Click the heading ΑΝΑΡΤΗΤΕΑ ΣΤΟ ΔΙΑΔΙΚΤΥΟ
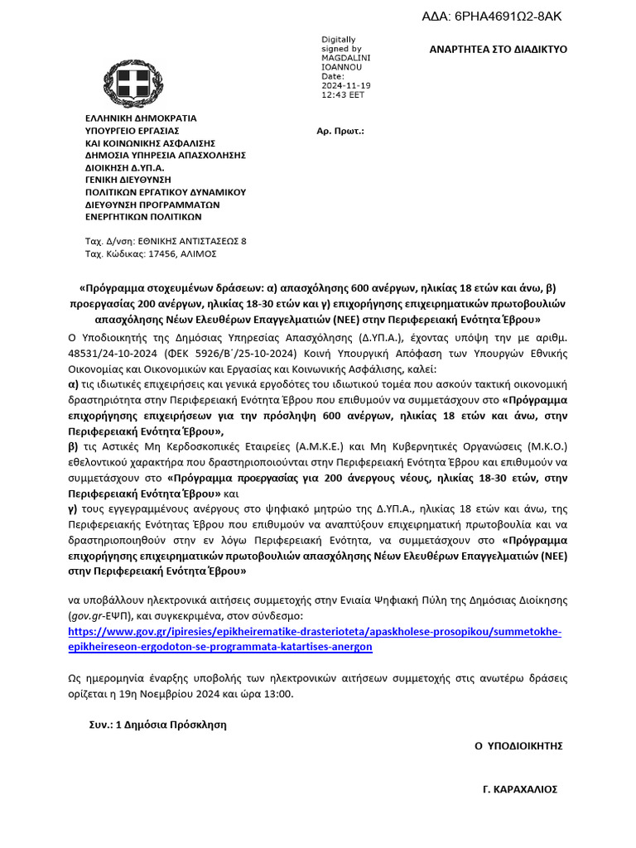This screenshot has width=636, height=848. (x=498, y=50)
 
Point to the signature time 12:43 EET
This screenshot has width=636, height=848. (x=343, y=95)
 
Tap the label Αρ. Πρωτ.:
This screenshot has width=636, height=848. (x=340, y=131)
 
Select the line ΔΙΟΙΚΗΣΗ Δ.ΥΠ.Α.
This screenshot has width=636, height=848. (x=124, y=166)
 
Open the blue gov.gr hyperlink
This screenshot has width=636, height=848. (x=315, y=639)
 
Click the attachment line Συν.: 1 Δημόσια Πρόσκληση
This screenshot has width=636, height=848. (x=157, y=724)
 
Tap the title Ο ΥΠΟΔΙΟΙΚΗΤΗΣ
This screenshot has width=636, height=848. (x=518, y=746)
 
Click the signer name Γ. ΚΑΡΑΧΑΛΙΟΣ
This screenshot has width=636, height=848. (x=520, y=790)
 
